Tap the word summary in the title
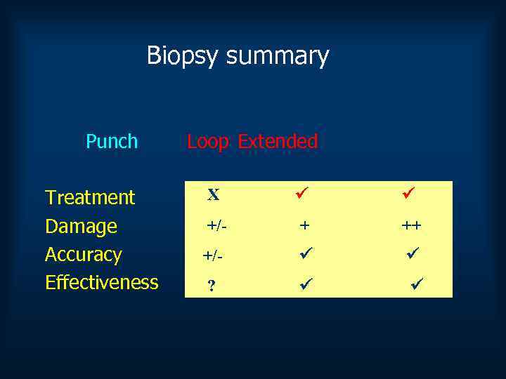point(278,56)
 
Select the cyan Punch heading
point(112,141)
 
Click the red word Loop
point(209,141)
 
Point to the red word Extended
point(278,141)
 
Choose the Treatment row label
point(90,197)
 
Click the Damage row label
point(81,226)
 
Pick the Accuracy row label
point(84,254)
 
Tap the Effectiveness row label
point(102,282)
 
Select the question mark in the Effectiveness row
point(211,286)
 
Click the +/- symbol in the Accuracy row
point(213,258)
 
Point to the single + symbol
point(304,225)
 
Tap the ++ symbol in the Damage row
point(412,225)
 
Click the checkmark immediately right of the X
point(301,191)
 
